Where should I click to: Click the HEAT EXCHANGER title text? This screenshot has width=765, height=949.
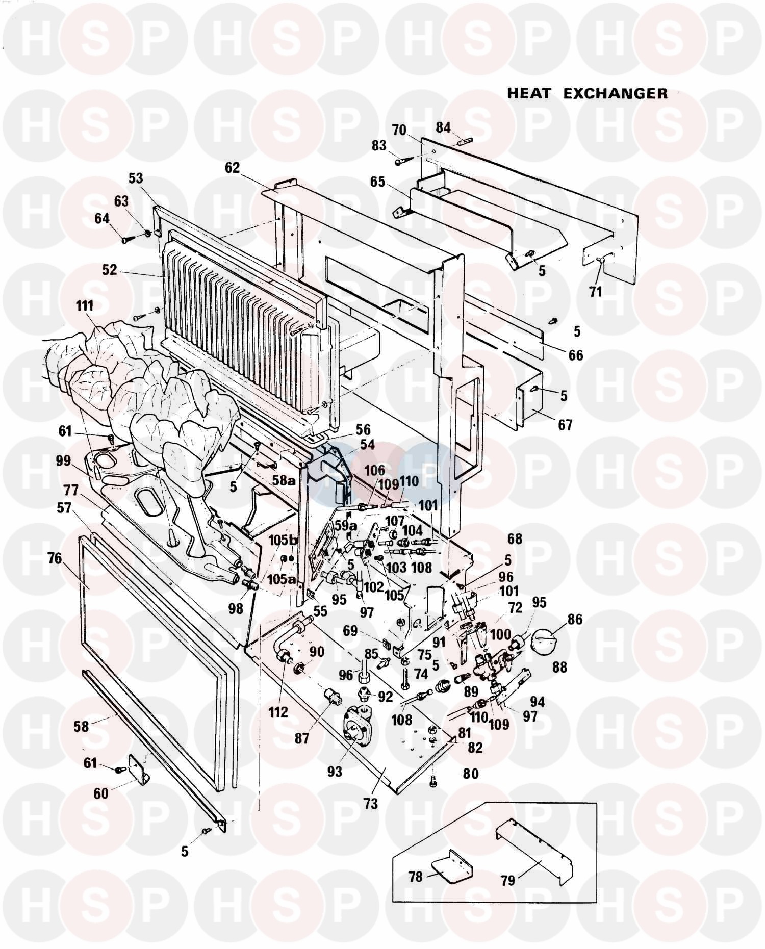tap(587, 93)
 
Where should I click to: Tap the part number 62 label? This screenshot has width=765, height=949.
tap(232, 168)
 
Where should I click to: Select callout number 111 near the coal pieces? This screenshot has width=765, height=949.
tap(85, 306)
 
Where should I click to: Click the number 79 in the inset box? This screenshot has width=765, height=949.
tap(508, 880)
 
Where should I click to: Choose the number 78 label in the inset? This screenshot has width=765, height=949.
tap(416, 877)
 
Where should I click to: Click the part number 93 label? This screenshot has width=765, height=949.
tap(335, 772)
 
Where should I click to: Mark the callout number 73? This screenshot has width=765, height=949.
tap(370, 804)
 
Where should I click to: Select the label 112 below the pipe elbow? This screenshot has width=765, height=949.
tap(278, 712)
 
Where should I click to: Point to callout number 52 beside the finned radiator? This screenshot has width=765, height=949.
tap(110, 270)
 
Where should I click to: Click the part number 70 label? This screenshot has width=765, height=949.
tap(399, 130)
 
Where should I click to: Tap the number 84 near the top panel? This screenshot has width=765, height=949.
tap(443, 127)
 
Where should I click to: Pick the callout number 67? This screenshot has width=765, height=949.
tap(565, 425)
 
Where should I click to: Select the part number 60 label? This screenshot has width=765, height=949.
tap(101, 793)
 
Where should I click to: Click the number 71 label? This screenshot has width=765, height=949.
tap(595, 292)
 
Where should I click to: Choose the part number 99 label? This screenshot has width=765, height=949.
tap(64, 461)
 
